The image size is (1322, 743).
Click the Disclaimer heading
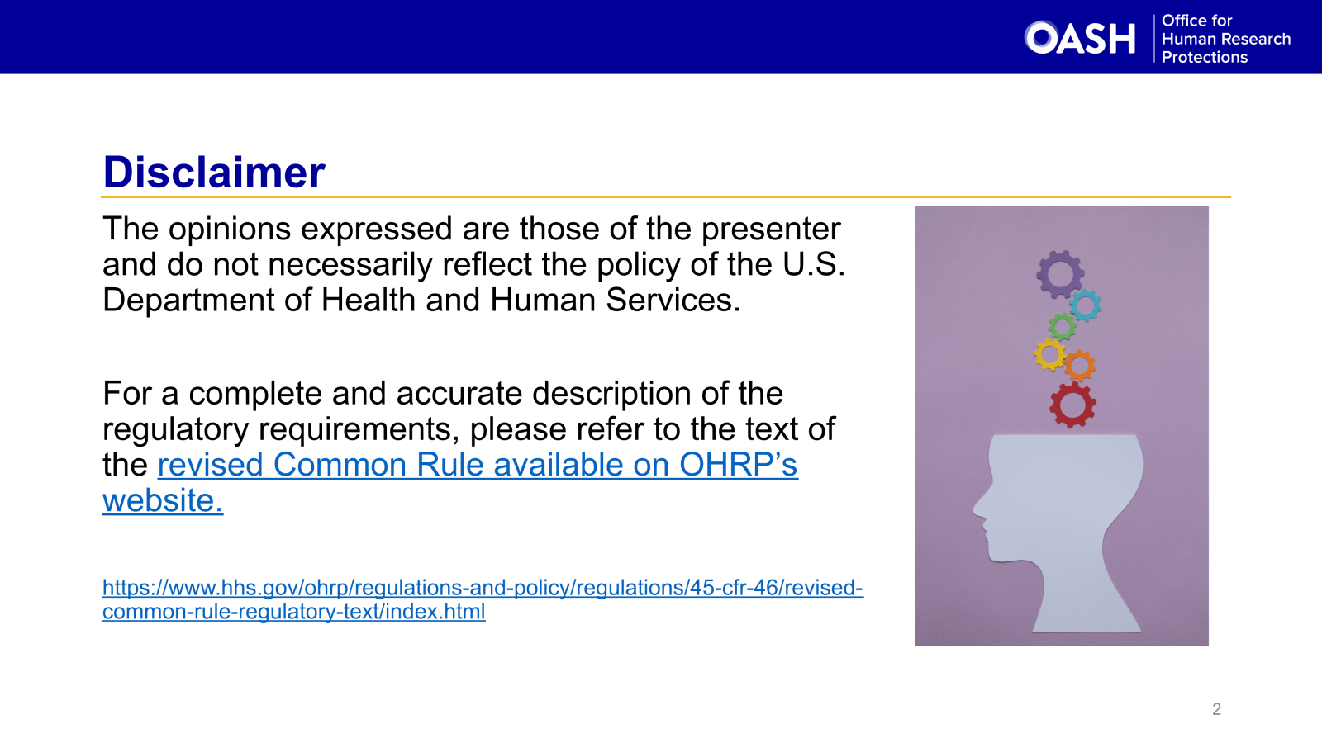[214, 173]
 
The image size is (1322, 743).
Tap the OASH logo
[1080, 38]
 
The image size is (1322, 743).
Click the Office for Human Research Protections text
[1225, 39]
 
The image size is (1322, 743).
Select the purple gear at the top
[1060, 274]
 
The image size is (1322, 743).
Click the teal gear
[1086, 305]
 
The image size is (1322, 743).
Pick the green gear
[1063, 326]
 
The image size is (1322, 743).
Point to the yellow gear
[1050, 355]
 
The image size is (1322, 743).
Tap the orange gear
[1079, 365]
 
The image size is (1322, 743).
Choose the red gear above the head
[1072, 405]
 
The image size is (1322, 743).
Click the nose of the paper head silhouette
[979, 507]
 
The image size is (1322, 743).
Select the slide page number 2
[1216, 709]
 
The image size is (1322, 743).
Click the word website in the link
[162, 501]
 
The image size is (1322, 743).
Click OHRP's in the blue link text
[738, 465]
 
